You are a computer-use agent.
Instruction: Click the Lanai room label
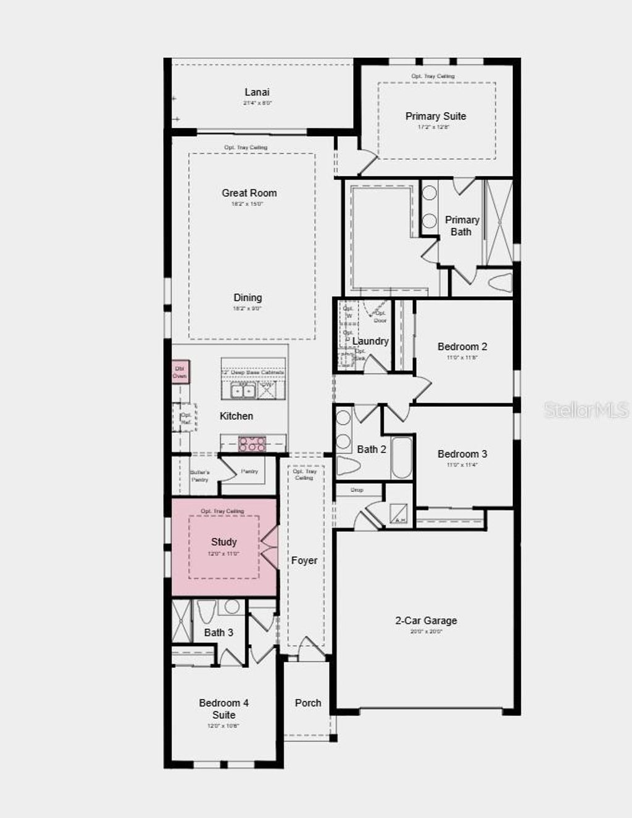click(257, 92)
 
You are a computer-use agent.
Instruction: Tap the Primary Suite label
click(435, 117)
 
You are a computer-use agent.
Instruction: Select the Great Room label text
click(249, 193)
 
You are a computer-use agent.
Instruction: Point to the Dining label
click(247, 298)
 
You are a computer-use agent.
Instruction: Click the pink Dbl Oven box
click(180, 372)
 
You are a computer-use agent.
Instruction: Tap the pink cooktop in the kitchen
click(252, 444)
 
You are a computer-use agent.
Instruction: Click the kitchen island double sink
click(243, 390)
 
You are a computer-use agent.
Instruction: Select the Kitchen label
click(236, 416)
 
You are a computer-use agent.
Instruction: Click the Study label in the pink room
click(223, 542)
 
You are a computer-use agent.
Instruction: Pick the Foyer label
click(304, 560)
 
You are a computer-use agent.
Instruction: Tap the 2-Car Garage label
click(426, 621)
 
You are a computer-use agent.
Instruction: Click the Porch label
click(308, 703)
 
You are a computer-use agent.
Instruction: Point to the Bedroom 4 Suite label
click(223, 709)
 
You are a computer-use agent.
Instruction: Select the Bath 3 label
click(218, 632)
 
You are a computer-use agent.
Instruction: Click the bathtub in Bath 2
click(402, 459)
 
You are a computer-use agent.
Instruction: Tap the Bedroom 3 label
click(462, 454)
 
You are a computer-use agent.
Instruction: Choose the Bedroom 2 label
click(462, 347)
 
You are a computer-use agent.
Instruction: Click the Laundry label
click(370, 341)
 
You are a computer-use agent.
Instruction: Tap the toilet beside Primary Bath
click(500, 283)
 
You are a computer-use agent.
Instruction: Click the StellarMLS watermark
click(586, 410)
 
